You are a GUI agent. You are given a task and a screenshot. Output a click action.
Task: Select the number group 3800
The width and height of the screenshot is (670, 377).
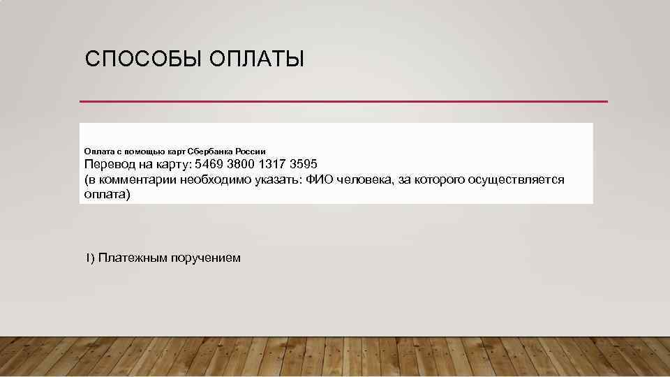tap(241, 165)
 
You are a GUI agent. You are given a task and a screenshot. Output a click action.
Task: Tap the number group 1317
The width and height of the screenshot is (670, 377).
tap(273, 165)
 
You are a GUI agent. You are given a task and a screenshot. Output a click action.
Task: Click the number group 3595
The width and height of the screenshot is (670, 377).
tap(304, 165)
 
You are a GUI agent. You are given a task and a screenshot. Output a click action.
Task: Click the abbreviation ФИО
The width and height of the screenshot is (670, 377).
tap(320, 180)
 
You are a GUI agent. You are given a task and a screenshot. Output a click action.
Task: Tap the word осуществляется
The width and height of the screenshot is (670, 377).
tap(516, 180)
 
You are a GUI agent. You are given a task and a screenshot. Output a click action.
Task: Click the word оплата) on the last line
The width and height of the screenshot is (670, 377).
tap(107, 195)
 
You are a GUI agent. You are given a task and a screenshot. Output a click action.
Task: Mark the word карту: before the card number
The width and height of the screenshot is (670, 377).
tap(170, 165)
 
